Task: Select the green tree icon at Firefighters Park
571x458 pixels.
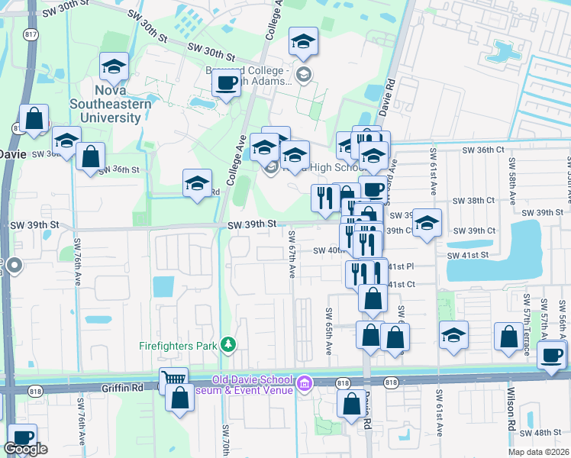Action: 227,345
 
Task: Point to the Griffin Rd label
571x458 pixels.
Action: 122,388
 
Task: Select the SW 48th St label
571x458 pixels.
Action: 547,432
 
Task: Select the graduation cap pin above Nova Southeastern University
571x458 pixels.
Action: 115,67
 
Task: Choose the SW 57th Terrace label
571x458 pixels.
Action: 526,325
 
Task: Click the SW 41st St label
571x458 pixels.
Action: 466,255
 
